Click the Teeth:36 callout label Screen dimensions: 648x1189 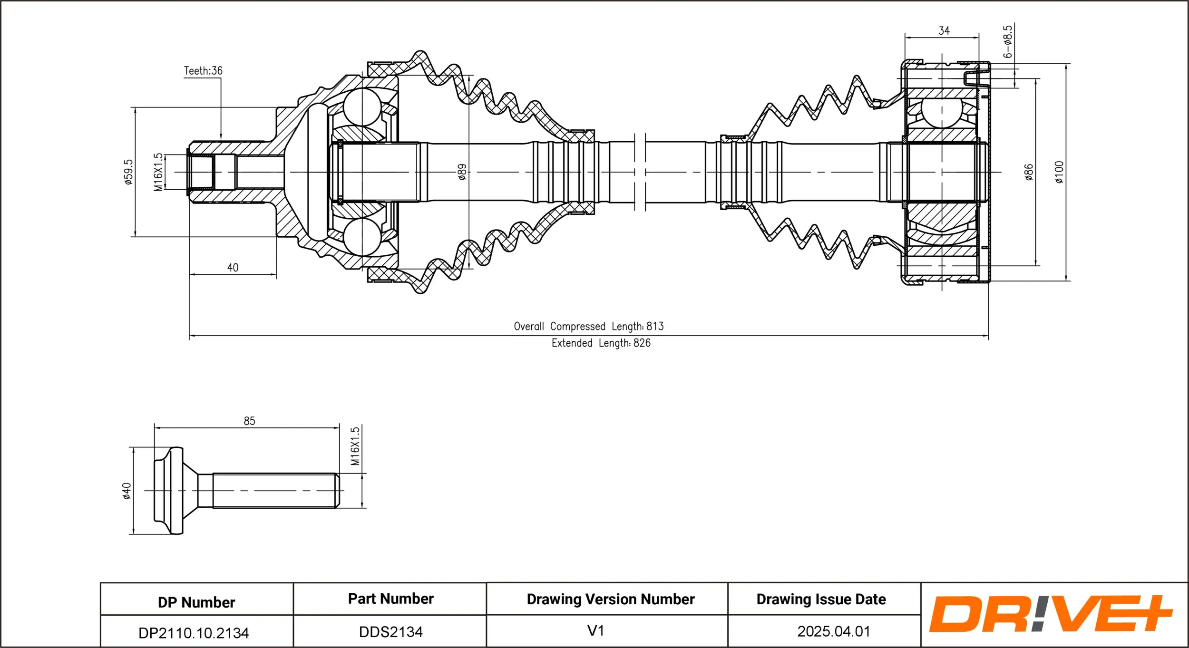point(203,71)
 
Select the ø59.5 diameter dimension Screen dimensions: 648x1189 point(128,172)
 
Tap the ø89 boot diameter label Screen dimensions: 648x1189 point(462,172)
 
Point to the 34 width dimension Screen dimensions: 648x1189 point(944,31)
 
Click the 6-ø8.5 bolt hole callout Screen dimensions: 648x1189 point(1007,42)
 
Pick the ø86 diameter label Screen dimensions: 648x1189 point(1028,172)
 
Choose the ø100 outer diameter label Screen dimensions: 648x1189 point(1059,172)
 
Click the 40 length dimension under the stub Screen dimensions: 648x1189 point(233,268)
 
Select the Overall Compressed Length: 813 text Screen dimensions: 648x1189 point(588,327)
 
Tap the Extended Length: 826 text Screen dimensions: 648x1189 point(601,343)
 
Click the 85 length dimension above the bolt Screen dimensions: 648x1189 point(249,421)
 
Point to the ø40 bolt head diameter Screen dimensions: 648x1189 point(127,491)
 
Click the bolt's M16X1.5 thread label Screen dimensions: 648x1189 point(355,446)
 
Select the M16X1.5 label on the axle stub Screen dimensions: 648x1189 point(158,172)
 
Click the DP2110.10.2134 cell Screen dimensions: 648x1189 point(194,633)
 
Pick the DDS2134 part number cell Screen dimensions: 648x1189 point(390,632)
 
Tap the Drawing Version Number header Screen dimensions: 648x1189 point(610,599)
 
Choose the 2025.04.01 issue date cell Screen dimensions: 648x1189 point(833,631)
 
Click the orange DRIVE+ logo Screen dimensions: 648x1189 point(1051,614)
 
